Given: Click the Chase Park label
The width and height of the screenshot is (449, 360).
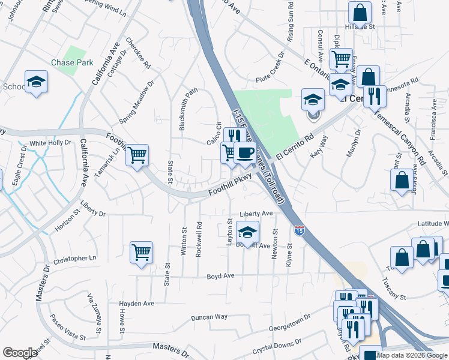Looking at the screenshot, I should pos(71,62).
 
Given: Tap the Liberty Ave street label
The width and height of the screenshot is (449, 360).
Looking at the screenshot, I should pos(256,214).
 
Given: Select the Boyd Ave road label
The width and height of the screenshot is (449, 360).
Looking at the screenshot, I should pos(220,277).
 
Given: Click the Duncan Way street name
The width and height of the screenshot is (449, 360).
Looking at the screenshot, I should pos(209,317).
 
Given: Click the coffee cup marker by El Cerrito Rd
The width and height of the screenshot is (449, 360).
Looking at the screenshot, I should pos(244,153).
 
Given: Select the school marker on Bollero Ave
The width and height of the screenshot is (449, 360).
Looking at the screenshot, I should pos(247,232).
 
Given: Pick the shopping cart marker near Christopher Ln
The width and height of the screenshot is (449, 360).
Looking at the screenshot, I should pos(141,252).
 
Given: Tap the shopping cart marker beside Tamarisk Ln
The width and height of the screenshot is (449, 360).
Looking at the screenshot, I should pos(137,155).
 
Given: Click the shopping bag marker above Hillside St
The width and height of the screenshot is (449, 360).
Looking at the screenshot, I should pos(359,11).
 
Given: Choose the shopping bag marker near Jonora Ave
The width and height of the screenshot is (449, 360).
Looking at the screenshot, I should pos(402,179).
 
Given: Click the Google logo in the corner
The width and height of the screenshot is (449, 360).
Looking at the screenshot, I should pos(20,353).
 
